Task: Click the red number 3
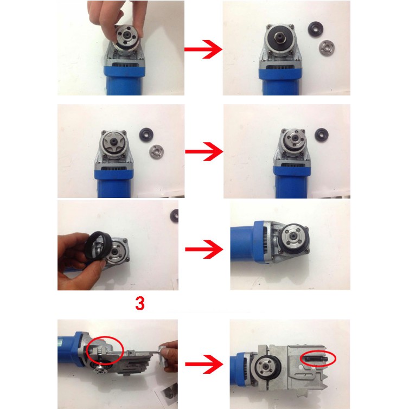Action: tap(140, 303)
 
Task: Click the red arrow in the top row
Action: tap(203, 49)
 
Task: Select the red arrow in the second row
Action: tap(204, 151)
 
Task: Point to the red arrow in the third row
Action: tap(204, 249)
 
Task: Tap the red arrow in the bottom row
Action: tap(204, 364)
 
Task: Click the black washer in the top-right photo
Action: tap(316, 30)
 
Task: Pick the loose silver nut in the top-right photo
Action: tap(327, 48)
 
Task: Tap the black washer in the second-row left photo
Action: tap(146, 135)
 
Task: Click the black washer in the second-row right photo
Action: tap(322, 135)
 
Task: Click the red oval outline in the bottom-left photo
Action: tap(105, 350)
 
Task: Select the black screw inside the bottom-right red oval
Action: tap(317, 359)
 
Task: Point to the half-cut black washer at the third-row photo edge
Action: tap(175, 216)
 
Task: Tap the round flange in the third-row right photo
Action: tap(293, 238)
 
